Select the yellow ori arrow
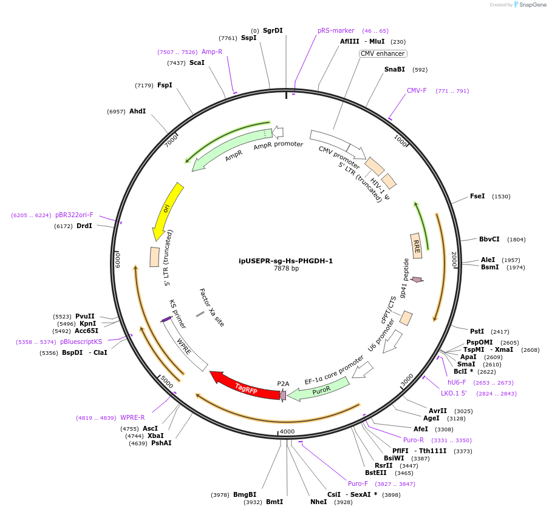point(166,209)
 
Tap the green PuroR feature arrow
point(319,389)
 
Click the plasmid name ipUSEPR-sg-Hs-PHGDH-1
point(285,261)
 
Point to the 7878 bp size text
point(286,268)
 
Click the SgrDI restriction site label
point(273,30)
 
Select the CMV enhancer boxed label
point(383,53)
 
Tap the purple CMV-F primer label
point(417,90)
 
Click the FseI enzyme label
point(477,196)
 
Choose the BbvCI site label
point(489,239)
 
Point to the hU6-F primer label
point(457,382)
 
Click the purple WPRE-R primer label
point(132,417)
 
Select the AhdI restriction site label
point(137,111)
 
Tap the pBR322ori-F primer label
point(74,215)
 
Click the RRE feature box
point(416,246)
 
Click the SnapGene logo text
point(531,5)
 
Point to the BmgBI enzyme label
point(245,494)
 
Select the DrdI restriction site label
point(84,226)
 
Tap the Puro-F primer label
point(358,483)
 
